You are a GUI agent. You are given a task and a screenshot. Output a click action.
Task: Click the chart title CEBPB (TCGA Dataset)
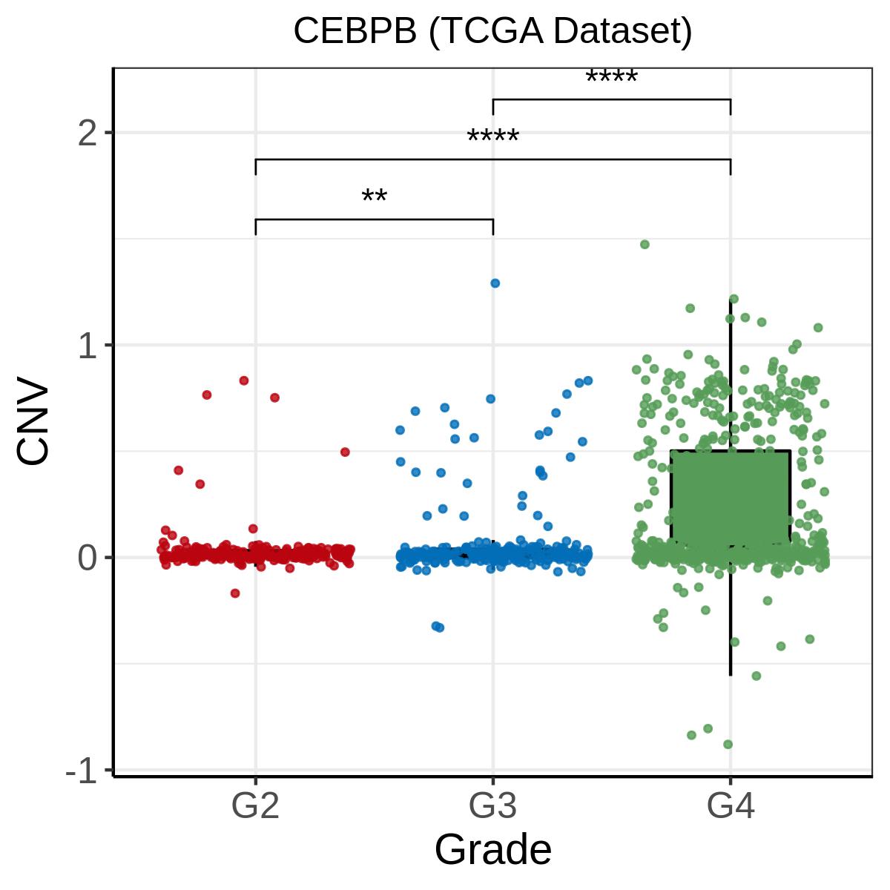coord(492,31)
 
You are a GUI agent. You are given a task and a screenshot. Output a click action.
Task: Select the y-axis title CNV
coord(34,423)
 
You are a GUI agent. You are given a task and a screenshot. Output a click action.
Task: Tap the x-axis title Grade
coord(492,849)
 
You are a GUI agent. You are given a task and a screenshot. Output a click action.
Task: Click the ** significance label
coord(374,198)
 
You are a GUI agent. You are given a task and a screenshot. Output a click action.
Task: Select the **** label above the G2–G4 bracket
coord(492,138)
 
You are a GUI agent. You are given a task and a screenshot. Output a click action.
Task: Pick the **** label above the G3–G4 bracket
coord(611,78)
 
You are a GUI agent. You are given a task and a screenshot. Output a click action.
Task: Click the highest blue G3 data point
coord(495,283)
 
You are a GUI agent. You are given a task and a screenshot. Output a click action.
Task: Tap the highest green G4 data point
coord(645,244)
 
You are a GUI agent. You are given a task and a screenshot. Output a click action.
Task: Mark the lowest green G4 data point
coord(728,744)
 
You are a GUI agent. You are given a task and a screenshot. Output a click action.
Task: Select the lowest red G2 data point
coord(235,593)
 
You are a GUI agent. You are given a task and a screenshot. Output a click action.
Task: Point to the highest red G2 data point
coord(243,380)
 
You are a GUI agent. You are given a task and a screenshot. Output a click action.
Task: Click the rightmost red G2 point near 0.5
coord(345,452)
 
